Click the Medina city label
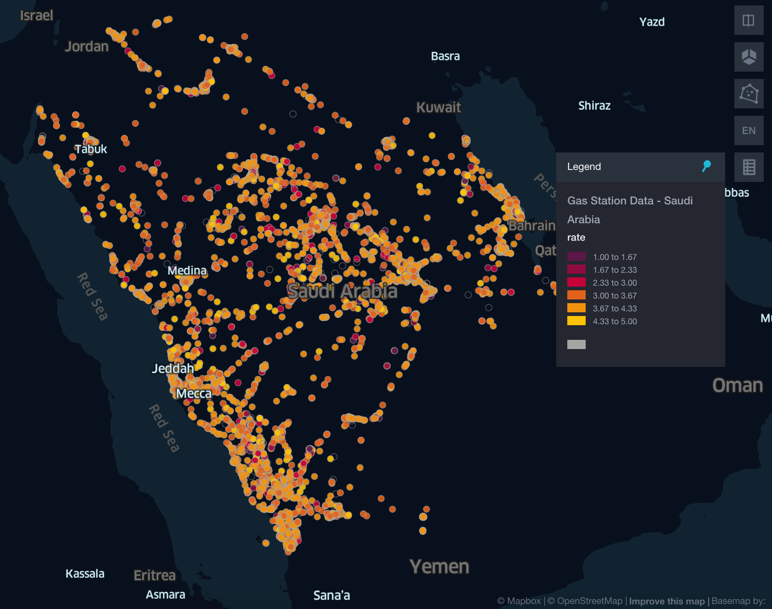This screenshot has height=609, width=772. (x=187, y=271)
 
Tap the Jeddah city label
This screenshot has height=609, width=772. (x=173, y=368)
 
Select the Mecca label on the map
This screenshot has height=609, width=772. (x=194, y=394)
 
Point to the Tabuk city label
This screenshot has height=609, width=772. (x=91, y=149)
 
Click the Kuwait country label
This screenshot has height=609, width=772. (x=438, y=107)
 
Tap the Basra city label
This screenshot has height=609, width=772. (x=445, y=56)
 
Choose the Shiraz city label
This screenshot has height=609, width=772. (x=594, y=106)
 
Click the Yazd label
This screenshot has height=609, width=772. (x=652, y=22)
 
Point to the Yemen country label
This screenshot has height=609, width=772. (x=439, y=567)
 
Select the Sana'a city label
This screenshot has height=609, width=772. (x=331, y=596)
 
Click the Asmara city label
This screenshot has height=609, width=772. (x=165, y=595)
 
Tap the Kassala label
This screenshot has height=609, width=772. (x=85, y=574)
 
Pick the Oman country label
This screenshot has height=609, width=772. (x=738, y=386)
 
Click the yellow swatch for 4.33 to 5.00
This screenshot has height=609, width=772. (x=576, y=321)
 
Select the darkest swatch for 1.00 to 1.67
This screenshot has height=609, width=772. (x=576, y=257)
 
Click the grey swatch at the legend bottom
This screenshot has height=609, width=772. (x=576, y=344)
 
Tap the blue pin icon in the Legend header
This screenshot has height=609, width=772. (x=706, y=166)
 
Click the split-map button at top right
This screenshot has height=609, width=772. (x=749, y=20)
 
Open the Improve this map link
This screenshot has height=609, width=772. (x=666, y=601)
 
